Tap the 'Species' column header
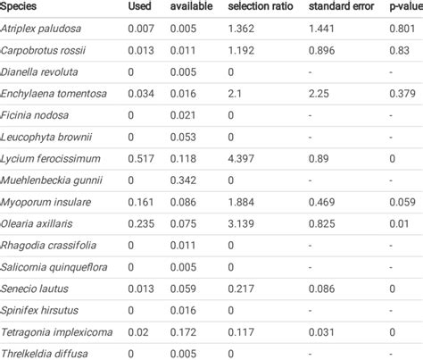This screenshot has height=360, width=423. point(21,8)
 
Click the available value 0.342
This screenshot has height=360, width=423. point(183,180)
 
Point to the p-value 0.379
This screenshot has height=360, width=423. point(403,94)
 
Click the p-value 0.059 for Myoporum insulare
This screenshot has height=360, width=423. point(403,201)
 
